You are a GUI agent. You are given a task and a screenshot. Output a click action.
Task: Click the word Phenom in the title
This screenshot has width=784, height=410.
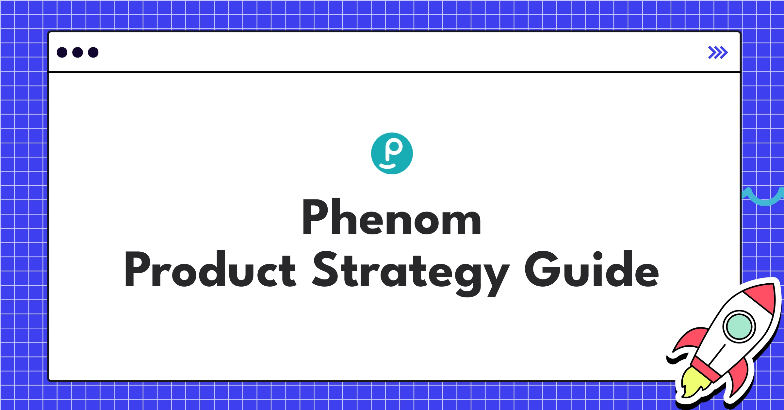(x=391, y=217)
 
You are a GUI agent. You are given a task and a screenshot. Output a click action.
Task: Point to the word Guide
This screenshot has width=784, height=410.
(x=592, y=269)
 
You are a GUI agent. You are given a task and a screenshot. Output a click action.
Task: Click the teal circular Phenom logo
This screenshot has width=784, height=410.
(x=392, y=153)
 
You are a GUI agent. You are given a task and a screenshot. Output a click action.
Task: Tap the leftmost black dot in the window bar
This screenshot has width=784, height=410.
(x=62, y=52)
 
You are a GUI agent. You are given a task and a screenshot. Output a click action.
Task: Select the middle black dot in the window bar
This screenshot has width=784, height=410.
(x=77, y=52)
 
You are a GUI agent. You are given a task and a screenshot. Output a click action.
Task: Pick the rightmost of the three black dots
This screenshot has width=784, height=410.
(x=93, y=52)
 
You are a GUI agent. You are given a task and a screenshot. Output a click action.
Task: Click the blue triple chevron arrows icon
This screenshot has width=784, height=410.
(x=718, y=52)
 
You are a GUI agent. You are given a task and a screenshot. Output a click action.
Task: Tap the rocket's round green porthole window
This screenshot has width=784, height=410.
(x=739, y=326)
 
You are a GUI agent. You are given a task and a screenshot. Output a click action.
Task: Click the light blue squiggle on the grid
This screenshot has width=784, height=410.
(x=764, y=197)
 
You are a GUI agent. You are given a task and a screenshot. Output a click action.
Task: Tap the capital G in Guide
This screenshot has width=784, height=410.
(x=541, y=269)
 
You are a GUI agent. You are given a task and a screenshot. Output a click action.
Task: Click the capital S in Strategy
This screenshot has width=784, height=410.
(x=325, y=269)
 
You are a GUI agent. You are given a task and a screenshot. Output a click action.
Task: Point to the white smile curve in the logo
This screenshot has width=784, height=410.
(x=388, y=167)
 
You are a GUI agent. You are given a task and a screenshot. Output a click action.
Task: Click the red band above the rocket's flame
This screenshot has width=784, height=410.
(x=706, y=369)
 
